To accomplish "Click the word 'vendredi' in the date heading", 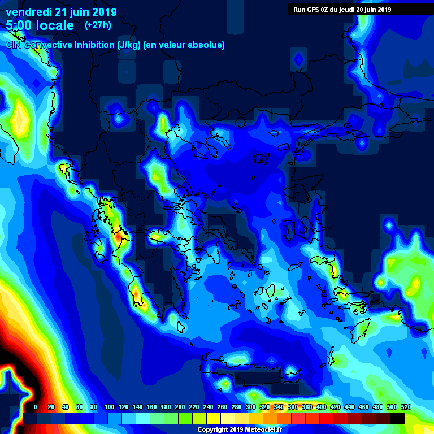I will (29, 12).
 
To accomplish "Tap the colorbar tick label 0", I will (36, 407).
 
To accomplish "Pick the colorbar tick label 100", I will (109, 407).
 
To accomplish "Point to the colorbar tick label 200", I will (180, 407).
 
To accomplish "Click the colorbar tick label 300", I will (251, 407).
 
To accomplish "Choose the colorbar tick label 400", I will (322, 407).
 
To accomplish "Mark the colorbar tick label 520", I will (406, 407).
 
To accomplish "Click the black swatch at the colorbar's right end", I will (397, 418).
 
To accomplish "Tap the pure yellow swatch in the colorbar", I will (214, 418).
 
